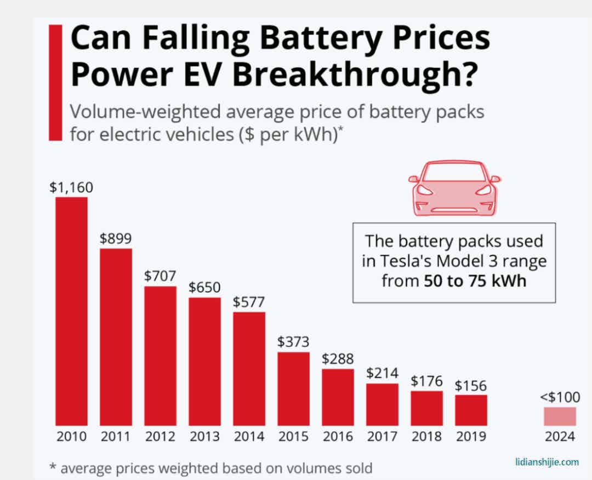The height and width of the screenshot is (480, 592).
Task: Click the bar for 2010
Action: point(71,311)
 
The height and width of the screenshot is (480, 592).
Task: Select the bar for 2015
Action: point(293,388)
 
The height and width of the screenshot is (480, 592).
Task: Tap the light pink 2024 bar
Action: point(560,416)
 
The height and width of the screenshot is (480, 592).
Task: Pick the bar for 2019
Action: point(471,410)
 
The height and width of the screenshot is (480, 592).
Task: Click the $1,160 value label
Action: point(71,187)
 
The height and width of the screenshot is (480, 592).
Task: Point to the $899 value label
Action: point(116,239)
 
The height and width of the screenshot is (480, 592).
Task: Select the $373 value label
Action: point(293,342)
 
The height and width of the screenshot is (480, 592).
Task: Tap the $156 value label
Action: point(471,385)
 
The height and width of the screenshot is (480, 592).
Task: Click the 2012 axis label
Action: point(160,437)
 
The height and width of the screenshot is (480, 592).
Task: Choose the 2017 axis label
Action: point(382,437)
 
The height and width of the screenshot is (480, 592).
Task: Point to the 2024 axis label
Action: point(560,437)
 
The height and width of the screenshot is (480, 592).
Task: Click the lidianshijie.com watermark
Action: point(547,462)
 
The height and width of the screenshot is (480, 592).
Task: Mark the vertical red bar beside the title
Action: point(55,83)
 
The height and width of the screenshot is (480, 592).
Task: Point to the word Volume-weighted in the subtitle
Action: point(146,112)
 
